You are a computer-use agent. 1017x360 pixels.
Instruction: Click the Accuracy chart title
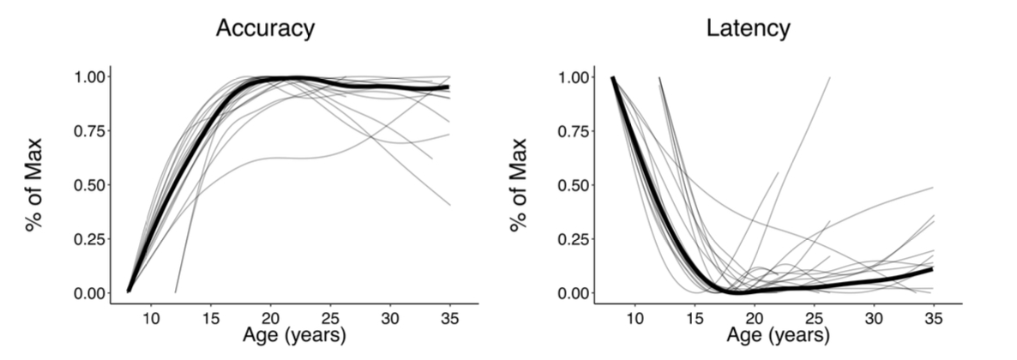(x=265, y=28)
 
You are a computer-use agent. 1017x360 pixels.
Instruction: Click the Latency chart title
(x=748, y=28)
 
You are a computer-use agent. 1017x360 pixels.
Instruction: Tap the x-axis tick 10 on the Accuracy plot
(x=151, y=317)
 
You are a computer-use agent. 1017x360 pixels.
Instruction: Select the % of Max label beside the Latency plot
(x=520, y=185)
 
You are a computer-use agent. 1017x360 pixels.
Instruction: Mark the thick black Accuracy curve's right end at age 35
(x=448, y=87)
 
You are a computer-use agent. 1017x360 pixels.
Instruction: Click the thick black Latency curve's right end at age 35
(x=931, y=269)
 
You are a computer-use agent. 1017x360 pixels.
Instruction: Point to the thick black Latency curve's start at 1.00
(x=613, y=78)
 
